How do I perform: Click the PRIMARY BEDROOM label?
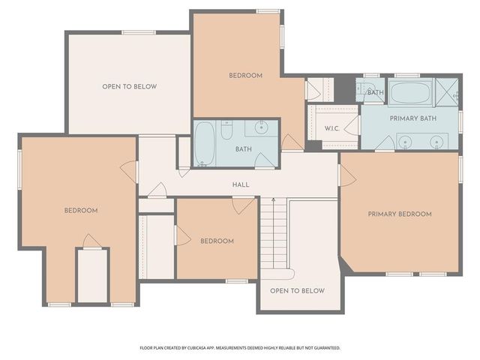click(399, 214)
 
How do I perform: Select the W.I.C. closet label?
click(332, 128)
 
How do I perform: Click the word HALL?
click(241, 184)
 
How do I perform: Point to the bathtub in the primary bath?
click(409, 94)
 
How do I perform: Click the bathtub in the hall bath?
click(205, 144)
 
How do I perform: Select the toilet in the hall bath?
click(226, 132)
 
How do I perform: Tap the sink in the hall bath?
click(261, 127)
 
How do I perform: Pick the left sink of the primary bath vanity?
click(405, 141)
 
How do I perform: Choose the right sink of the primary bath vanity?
click(436, 141)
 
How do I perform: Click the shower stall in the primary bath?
click(446, 91)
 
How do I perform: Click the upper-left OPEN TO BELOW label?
click(130, 87)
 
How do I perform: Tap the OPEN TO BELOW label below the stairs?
click(297, 290)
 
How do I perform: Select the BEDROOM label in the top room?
click(245, 76)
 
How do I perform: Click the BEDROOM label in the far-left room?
click(80, 211)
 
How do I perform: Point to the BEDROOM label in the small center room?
click(217, 241)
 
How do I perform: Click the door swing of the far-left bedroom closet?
click(91, 241)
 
